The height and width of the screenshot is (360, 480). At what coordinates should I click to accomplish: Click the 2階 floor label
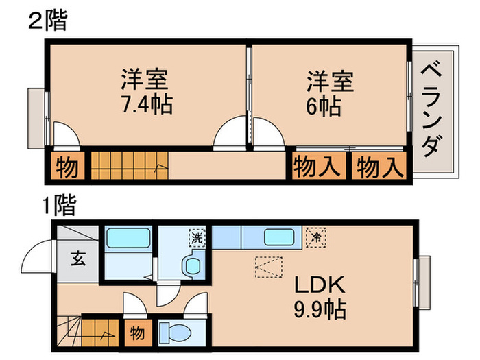[x=47, y=21]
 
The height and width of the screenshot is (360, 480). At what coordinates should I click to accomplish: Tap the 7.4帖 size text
[x=145, y=105]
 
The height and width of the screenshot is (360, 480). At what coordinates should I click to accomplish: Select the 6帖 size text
[x=324, y=106]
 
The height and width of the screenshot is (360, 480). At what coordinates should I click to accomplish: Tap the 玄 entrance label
[x=77, y=259]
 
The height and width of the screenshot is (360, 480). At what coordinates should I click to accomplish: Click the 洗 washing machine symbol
[x=197, y=239]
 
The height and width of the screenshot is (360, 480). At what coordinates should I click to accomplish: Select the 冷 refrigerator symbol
[x=316, y=238]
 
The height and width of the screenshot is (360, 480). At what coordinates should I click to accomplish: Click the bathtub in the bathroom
[x=129, y=239]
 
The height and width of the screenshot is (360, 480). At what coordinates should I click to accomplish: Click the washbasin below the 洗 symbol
[x=191, y=265]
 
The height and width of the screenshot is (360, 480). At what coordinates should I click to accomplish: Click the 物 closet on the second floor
[x=67, y=167]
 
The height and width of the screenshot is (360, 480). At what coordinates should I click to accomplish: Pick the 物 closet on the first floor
[x=136, y=333]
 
